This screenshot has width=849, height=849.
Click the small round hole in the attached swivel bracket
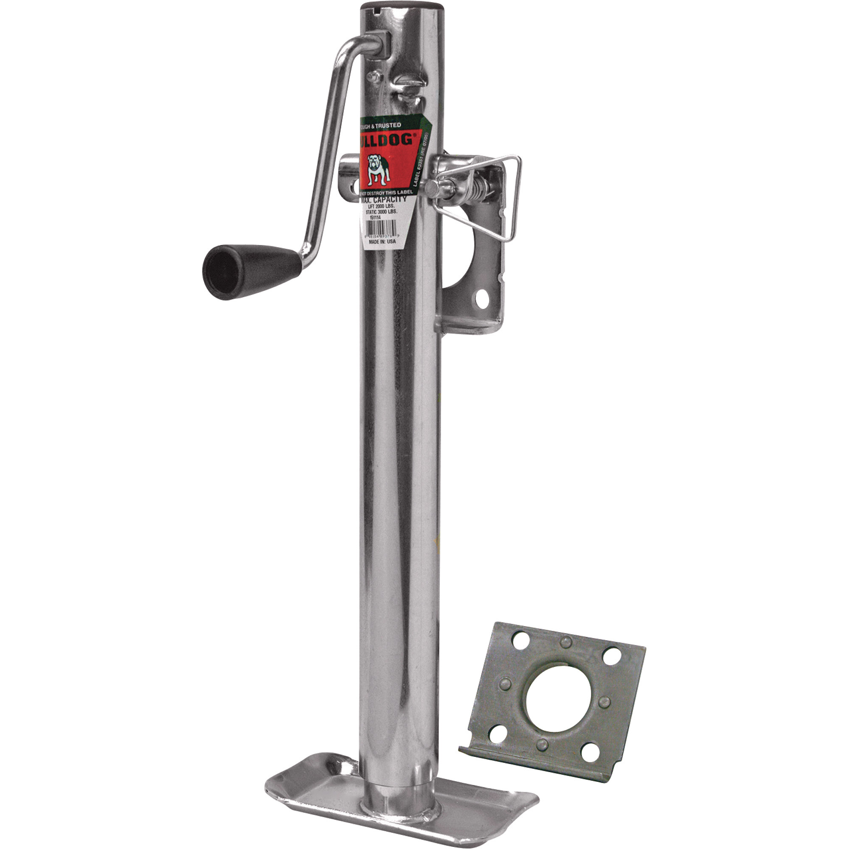[x=483, y=298]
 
